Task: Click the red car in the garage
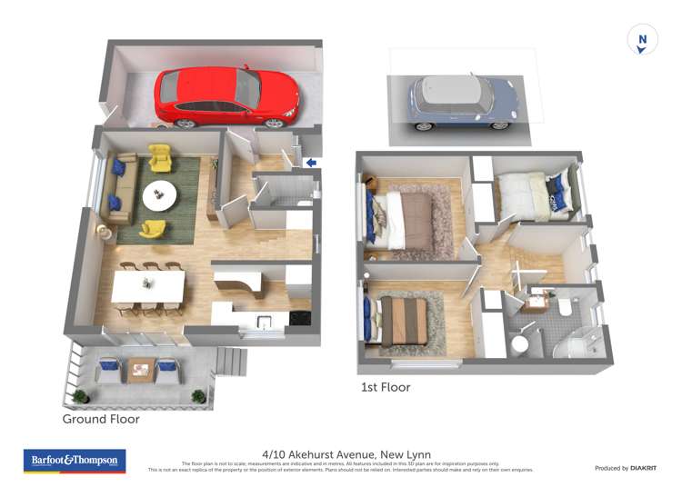[226, 96]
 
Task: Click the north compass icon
[643, 41]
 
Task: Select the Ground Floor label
[100, 420]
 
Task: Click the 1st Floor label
[386, 387]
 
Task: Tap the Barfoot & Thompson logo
[75, 461]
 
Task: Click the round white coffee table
[160, 194]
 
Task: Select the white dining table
[148, 286]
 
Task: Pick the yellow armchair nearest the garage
[160, 159]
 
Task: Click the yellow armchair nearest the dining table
[153, 231]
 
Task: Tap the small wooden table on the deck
[139, 369]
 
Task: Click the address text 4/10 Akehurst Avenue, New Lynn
[346, 454]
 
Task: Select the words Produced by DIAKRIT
[625, 468]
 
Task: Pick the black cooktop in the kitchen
[299, 318]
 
